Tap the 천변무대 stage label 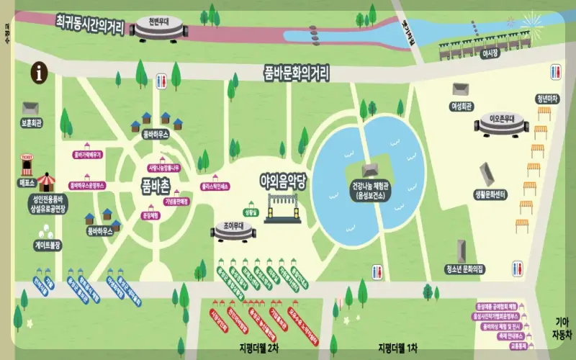point(158,21)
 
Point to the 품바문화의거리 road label point(296,73)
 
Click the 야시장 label point(490,53)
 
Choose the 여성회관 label point(461,106)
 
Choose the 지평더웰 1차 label point(397,348)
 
